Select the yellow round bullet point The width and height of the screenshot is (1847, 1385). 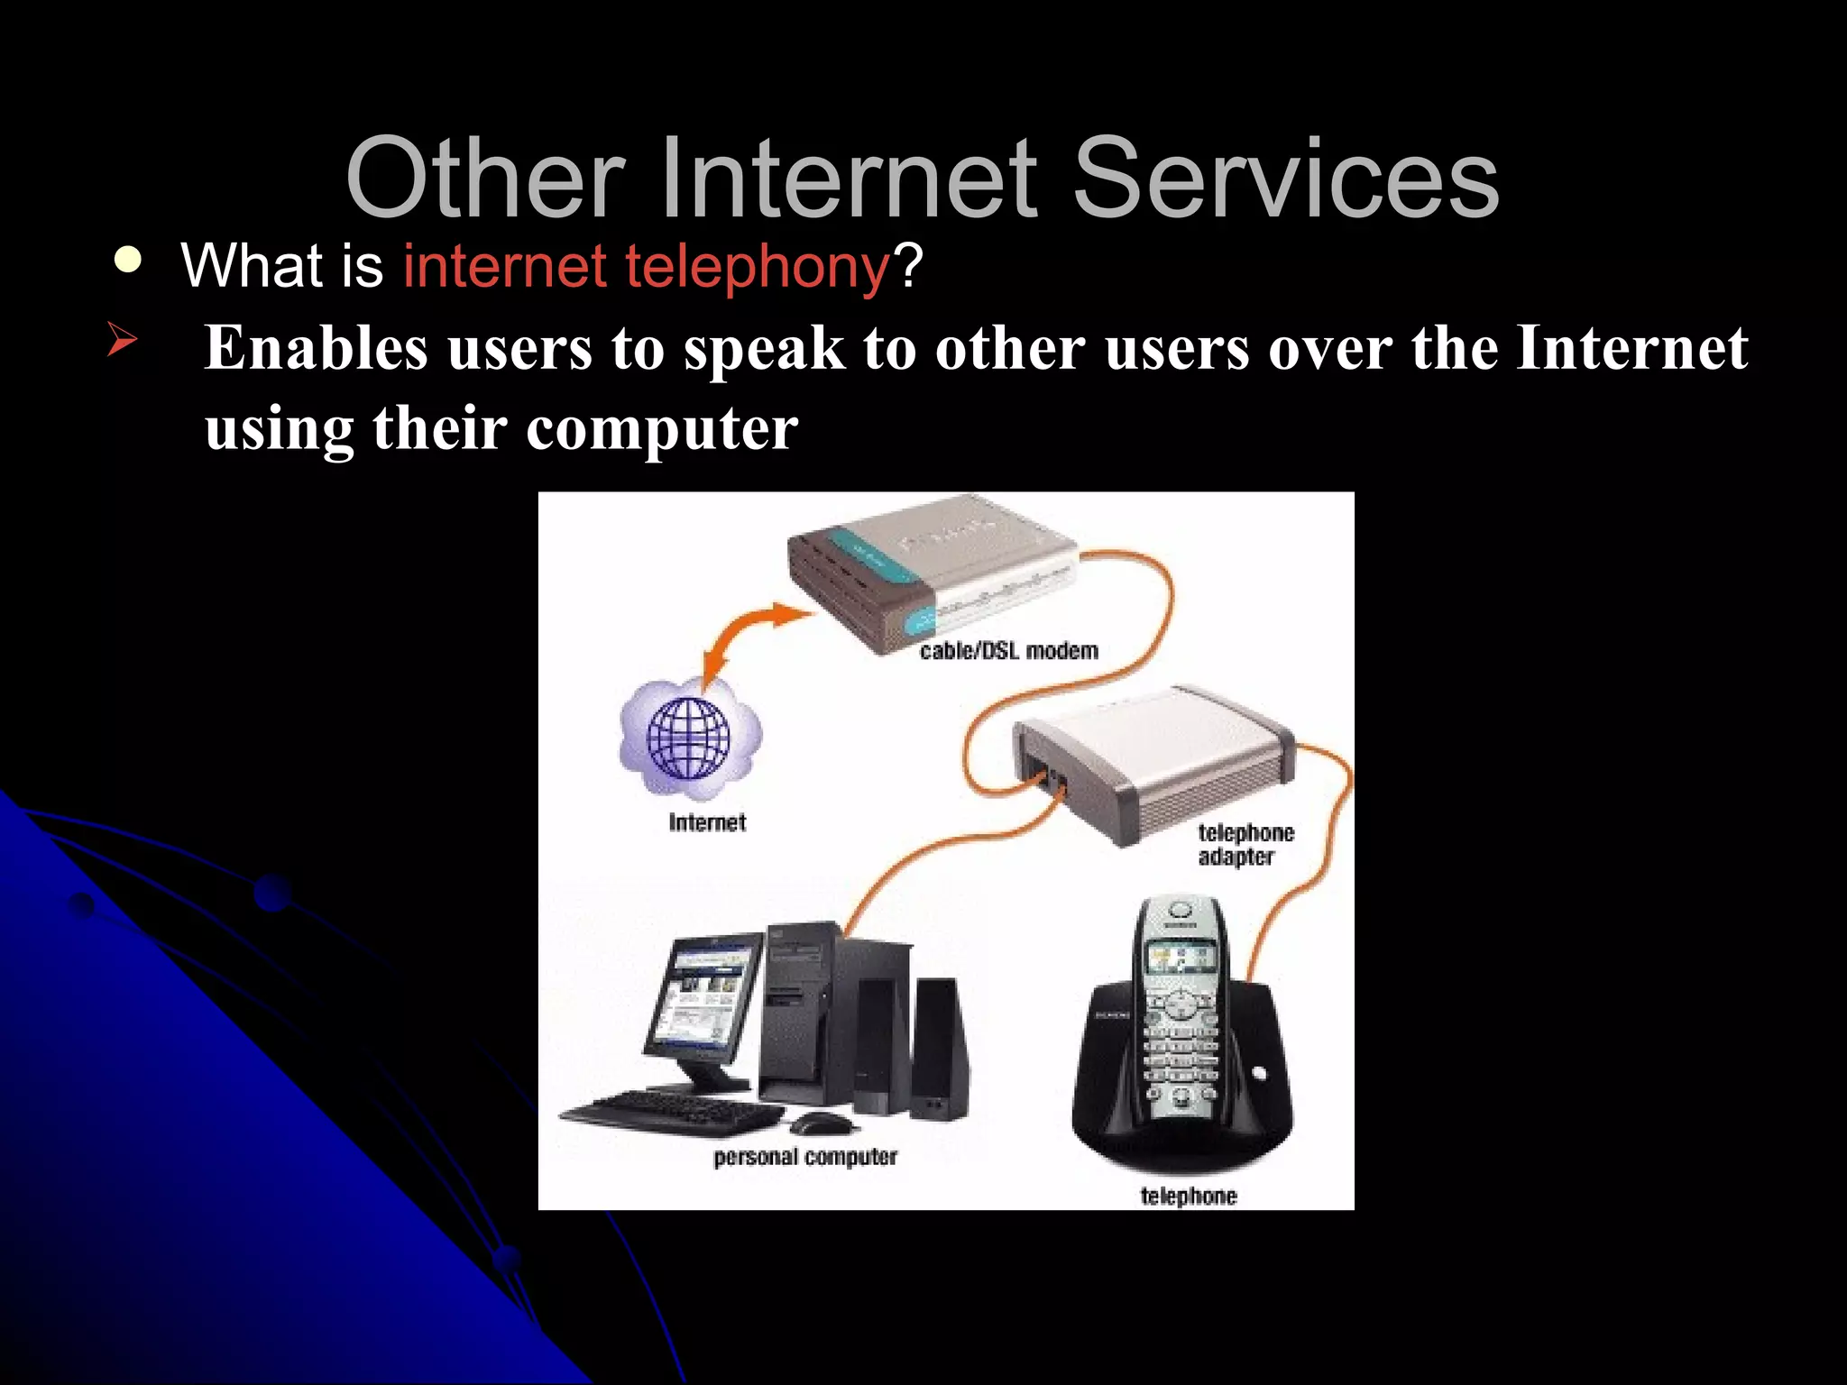(128, 261)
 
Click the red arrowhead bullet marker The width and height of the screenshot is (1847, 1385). (122, 340)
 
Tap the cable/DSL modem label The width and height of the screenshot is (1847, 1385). (1008, 651)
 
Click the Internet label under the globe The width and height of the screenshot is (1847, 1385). (707, 822)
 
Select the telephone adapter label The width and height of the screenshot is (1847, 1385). (1245, 844)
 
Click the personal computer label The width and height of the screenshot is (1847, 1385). (804, 1157)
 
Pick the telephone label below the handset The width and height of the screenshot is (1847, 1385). (1188, 1196)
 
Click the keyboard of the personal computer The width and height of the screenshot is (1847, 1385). (672, 1114)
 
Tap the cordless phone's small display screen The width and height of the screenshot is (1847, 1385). (1178, 958)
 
